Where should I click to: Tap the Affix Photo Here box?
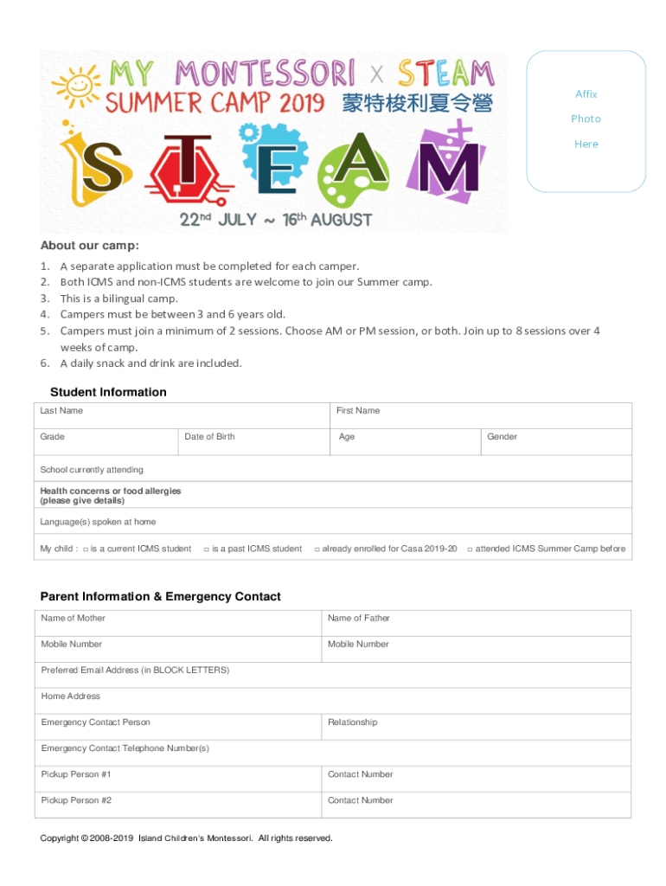click(x=586, y=119)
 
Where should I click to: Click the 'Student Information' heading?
click(x=108, y=392)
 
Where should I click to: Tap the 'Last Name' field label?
click(x=61, y=411)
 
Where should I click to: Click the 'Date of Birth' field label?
click(x=209, y=437)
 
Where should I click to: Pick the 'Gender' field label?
click(x=502, y=437)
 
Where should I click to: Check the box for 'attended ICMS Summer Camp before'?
click(x=470, y=549)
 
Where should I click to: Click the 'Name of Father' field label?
click(x=358, y=619)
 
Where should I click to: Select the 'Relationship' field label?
click(x=353, y=722)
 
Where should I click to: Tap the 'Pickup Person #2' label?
click(x=76, y=800)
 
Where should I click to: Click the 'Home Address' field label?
click(x=70, y=697)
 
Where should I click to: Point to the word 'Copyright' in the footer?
click(x=59, y=838)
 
